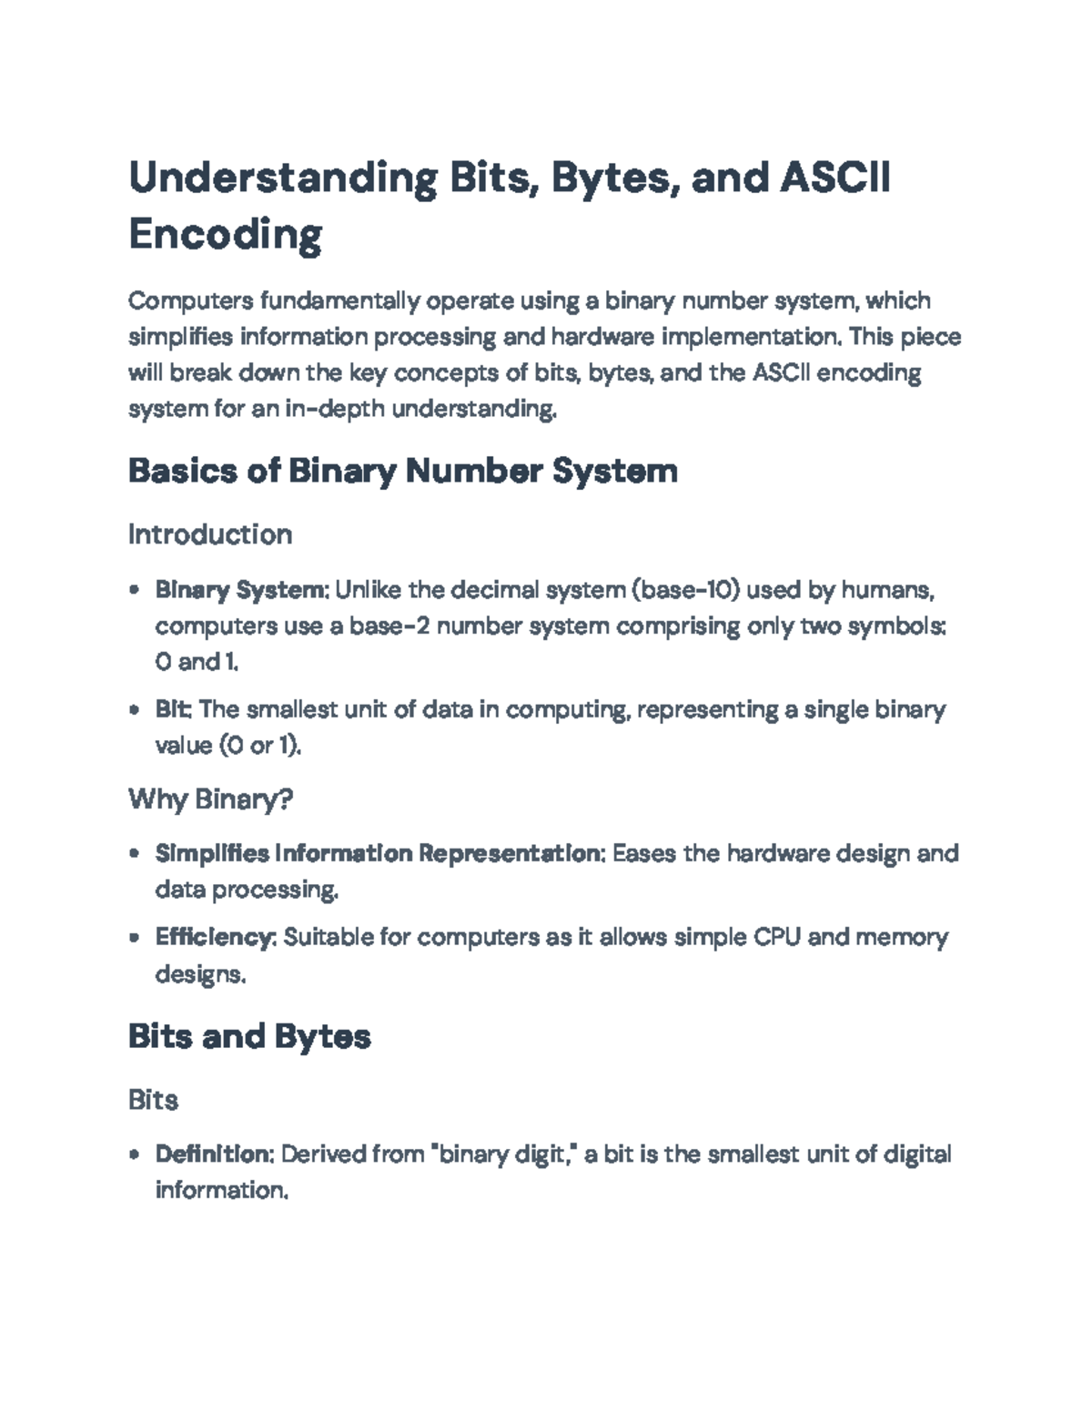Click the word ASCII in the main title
pyautogui.click(x=834, y=177)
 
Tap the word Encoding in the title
pyautogui.click(x=225, y=234)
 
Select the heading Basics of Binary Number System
pyautogui.click(x=402, y=471)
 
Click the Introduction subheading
pyautogui.click(x=210, y=534)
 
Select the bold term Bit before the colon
pyautogui.click(x=173, y=709)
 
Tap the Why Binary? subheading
pyautogui.click(x=210, y=799)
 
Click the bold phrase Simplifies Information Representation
pyautogui.click(x=378, y=854)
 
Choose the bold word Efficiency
pyautogui.click(x=215, y=937)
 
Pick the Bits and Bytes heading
pyautogui.click(x=249, y=1036)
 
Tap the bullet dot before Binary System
pyautogui.click(x=135, y=590)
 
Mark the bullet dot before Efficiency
pyautogui.click(x=135, y=937)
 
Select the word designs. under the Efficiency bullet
pyautogui.click(x=200, y=974)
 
